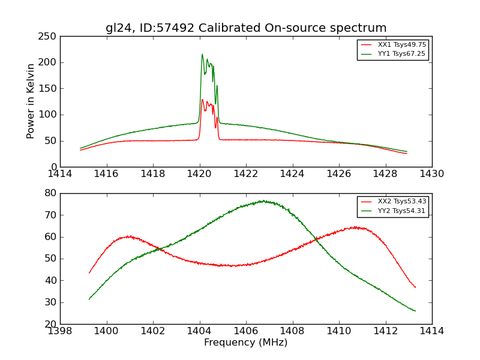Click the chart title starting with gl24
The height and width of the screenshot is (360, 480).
[x=246, y=28]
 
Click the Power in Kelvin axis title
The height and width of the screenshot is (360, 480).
[x=31, y=101]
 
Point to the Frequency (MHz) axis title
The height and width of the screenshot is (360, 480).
[x=246, y=343]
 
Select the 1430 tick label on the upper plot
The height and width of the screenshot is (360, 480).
[x=432, y=173]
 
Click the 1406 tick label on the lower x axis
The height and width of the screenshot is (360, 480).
[x=246, y=331]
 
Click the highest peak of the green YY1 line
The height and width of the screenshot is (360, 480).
[x=202, y=55]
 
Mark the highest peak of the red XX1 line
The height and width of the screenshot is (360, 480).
[x=202, y=100]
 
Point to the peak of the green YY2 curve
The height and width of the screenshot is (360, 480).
[x=263, y=201]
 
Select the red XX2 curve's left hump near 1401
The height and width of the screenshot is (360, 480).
[x=129, y=236]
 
